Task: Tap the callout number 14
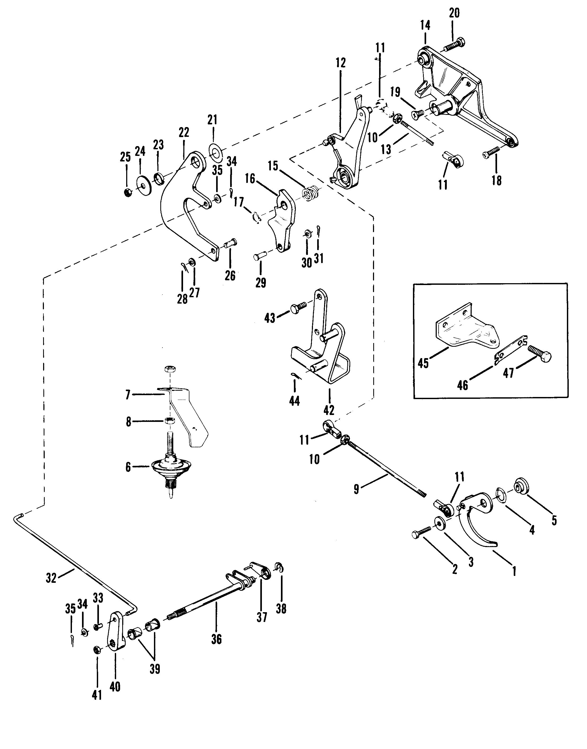point(425,25)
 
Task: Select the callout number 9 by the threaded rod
point(356,489)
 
